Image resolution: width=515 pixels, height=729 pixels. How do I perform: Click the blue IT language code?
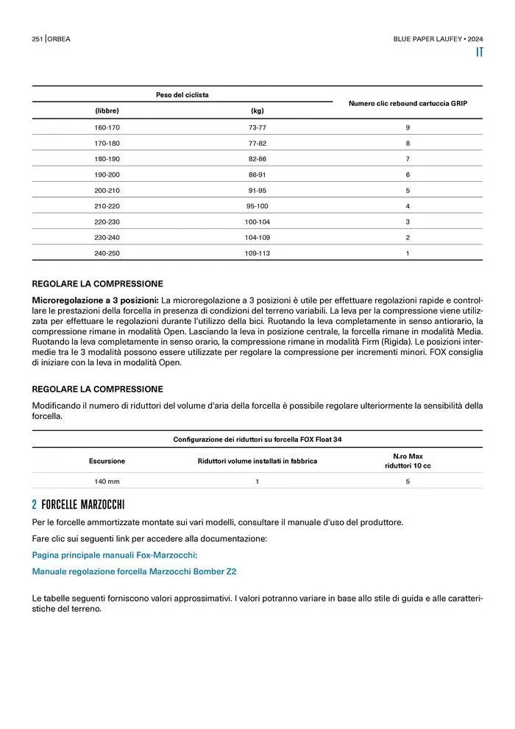[x=479, y=53]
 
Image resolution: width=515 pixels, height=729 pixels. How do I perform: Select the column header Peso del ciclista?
[x=182, y=94]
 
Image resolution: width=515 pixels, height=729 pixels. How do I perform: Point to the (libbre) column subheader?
[x=107, y=111]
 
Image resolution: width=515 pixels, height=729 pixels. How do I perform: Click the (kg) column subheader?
[x=257, y=111]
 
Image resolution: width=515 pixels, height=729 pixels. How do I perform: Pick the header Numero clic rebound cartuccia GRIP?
[x=408, y=103]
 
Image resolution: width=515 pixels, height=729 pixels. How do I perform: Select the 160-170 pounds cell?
[x=107, y=127]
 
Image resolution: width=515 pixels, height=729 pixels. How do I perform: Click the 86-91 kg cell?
[x=257, y=175]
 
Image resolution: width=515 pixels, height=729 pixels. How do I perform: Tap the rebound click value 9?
[x=408, y=127]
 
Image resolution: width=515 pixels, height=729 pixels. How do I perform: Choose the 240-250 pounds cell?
[x=107, y=253]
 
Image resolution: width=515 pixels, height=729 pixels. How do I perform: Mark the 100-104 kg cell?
[x=257, y=222]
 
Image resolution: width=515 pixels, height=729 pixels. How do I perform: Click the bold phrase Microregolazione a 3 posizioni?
[x=95, y=300]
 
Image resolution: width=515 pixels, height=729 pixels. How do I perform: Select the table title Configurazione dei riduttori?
[x=257, y=440]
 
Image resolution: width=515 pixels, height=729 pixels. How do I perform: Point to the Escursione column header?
[x=107, y=461]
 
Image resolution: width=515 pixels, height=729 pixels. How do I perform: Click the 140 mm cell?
[x=107, y=482]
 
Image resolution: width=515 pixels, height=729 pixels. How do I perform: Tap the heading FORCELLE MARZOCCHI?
[x=83, y=505]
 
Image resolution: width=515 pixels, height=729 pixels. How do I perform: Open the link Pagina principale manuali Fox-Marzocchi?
[x=115, y=555]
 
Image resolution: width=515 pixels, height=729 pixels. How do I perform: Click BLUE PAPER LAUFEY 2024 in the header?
[x=438, y=38]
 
